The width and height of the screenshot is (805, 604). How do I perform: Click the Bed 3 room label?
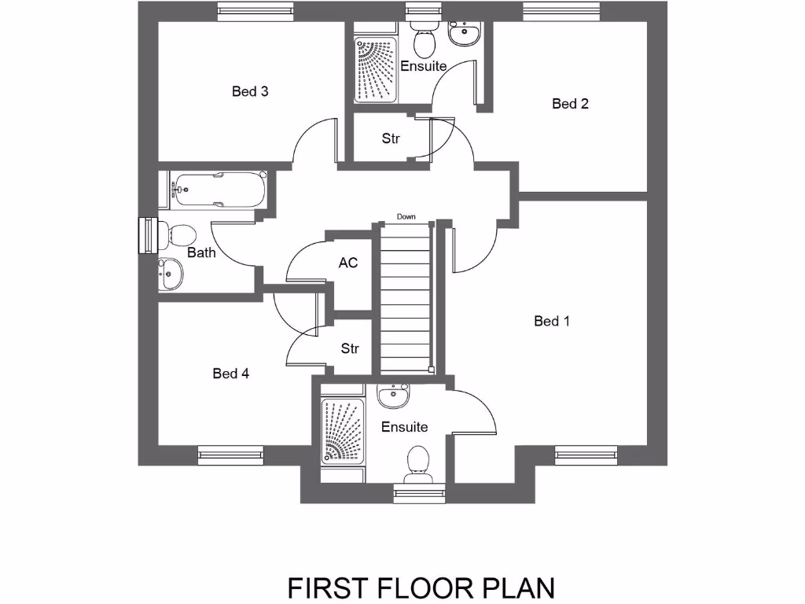250,92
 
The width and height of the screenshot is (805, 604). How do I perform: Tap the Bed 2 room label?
570,104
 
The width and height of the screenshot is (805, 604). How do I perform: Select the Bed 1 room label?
551,321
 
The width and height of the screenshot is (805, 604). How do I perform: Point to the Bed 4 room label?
231,374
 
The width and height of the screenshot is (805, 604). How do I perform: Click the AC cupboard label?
348,263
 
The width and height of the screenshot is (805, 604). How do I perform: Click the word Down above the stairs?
406,216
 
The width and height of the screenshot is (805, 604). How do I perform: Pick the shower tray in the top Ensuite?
376,69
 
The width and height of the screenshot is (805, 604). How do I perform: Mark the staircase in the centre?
406,299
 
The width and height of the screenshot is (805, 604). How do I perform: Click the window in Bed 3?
256,11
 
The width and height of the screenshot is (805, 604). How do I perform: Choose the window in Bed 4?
230,454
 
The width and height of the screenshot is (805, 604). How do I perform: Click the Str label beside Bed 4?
350,348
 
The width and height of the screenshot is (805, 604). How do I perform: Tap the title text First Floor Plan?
421,587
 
